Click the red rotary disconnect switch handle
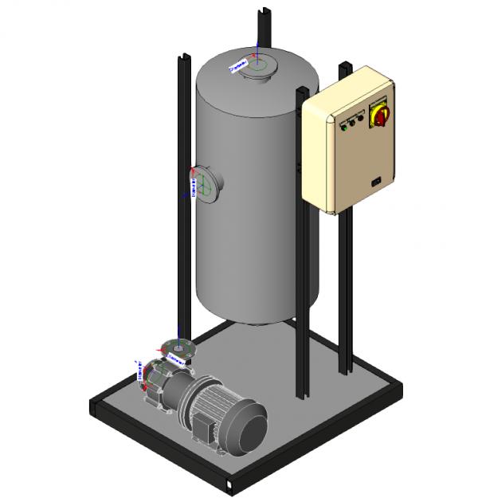tap(377, 117)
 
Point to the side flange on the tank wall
tap(205, 184)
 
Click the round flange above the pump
tap(177, 347)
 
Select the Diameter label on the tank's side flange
tap(194, 183)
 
